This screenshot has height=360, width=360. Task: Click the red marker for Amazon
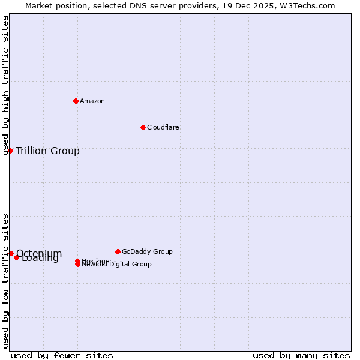point(76,101)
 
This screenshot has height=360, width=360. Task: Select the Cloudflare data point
point(143,127)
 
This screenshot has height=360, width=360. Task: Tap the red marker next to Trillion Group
point(10,151)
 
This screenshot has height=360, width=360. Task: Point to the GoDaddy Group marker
point(118,251)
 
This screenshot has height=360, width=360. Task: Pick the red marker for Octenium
point(11,254)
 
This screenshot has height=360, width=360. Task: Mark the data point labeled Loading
point(17,257)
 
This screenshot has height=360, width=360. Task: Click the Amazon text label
point(92,101)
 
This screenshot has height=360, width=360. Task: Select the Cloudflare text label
point(163,127)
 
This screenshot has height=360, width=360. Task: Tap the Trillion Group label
point(47,151)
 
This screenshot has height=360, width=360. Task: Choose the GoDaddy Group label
point(147,251)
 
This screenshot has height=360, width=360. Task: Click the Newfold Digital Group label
point(117,265)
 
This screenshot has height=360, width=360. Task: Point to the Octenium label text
point(39,253)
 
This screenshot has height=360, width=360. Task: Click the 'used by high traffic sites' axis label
point(5,85)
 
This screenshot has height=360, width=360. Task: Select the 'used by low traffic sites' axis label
point(5,280)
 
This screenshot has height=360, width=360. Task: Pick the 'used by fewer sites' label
point(62,355)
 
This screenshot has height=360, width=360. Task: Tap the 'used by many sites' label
point(301,355)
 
